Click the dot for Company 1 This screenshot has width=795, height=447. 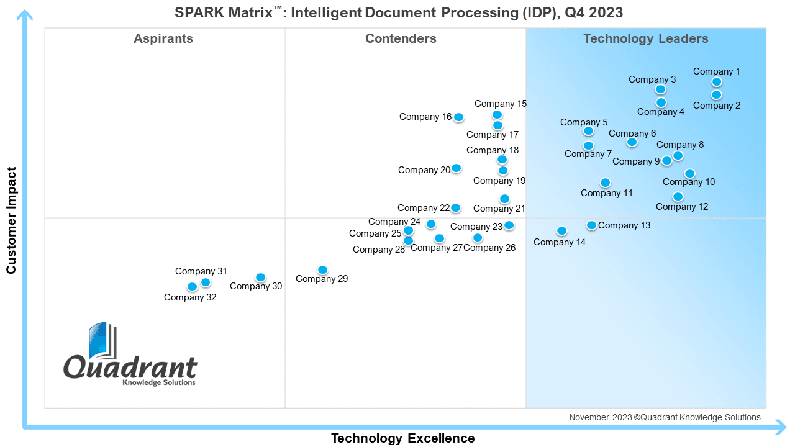coord(717,82)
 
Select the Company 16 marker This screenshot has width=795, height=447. coord(458,117)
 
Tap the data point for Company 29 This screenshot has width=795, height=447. coord(322,270)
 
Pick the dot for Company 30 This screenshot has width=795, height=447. coord(260,278)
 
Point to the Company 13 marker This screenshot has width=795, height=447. coord(591,225)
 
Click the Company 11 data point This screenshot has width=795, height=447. coord(605,183)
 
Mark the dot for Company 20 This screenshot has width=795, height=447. coord(456,168)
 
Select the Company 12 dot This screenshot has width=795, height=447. coord(678,197)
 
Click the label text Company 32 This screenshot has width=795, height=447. coord(190,297)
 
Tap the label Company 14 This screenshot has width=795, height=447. coord(560,242)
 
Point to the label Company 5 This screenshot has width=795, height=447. coord(584,122)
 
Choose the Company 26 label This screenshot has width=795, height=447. coord(489,248)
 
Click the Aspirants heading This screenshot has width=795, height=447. coord(163,38)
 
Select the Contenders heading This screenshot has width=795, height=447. coord(401,38)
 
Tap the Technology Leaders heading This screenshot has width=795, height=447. coord(646,38)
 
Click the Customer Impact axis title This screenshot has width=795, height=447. coord(11,220)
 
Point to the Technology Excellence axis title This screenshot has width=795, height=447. coord(403,438)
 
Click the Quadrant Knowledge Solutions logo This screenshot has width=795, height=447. coord(130,354)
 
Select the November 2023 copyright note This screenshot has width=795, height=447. coord(665,417)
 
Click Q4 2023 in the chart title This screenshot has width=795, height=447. coord(594,13)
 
